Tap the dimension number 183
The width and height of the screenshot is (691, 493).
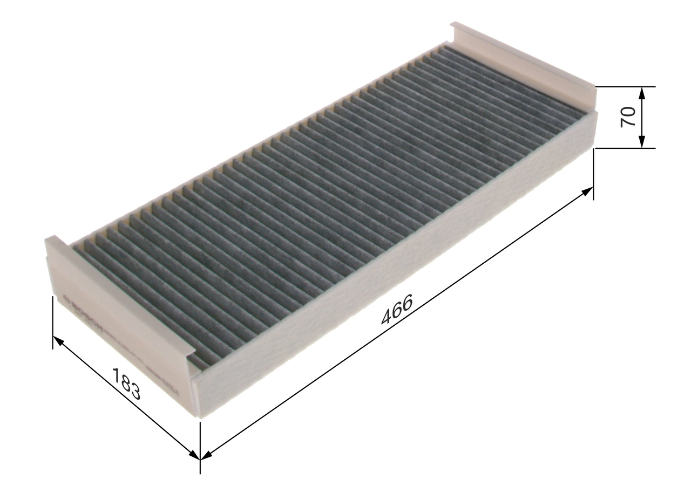(127, 384)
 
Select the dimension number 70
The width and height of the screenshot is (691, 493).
(628, 117)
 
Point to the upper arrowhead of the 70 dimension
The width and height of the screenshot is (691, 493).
(641, 93)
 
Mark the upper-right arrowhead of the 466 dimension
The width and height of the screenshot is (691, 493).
(588, 190)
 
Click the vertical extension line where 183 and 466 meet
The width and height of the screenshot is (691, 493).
(200, 448)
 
